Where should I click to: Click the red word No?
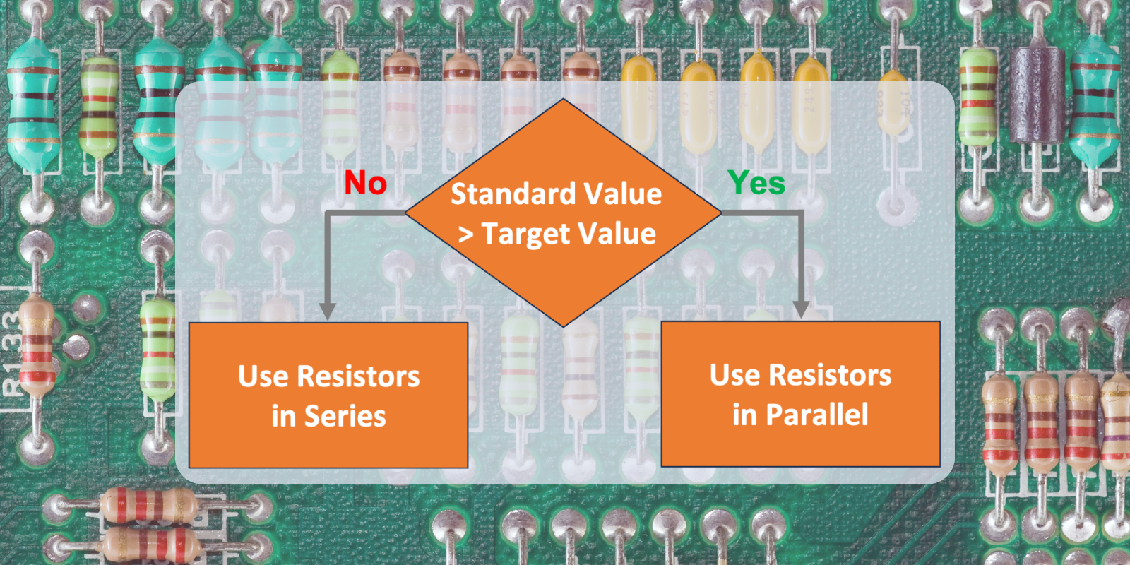[x=365, y=184]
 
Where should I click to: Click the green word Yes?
[x=756, y=184]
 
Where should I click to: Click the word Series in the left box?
[x=345, y=417]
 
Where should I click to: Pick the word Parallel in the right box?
[x=817, y=415]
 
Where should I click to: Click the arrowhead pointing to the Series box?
[x=327, y=311]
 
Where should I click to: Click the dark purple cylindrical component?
[x=1036, y=95]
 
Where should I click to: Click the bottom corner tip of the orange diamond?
[x=563, y=326]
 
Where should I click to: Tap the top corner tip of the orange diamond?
[x=563, y=100]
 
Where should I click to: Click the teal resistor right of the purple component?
[x=1094, y=99]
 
